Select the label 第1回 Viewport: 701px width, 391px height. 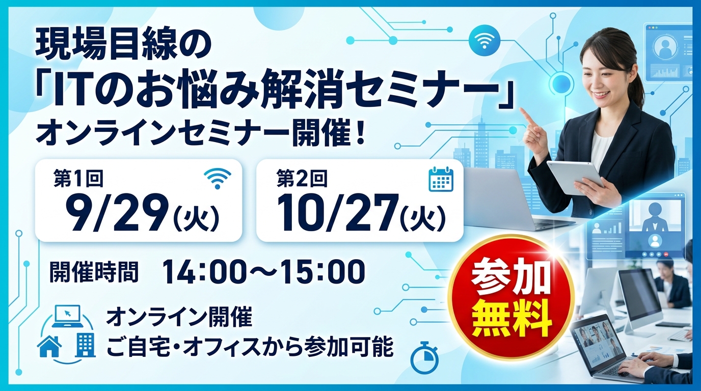point(78,178)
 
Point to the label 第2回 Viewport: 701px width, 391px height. point(302,178)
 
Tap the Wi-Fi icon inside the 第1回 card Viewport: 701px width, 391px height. point(218,178)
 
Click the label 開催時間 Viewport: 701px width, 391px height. point(94,272)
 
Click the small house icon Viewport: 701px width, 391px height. point(49,346)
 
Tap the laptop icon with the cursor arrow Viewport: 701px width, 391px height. point(67,316)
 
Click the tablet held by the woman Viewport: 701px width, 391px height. point(575,177)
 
